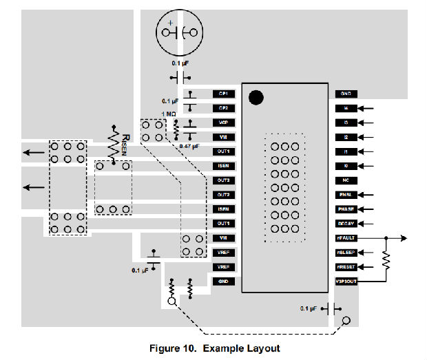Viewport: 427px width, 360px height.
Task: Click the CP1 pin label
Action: click(x=223, y=94)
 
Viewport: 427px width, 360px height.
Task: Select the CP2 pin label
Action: click(x=223, y=108)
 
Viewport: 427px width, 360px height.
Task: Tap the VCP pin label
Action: click(x=223, y=123)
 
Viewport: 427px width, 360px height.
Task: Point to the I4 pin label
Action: click(x=345, y=108)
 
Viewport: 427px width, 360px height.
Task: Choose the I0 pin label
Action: click(x=345, y=166)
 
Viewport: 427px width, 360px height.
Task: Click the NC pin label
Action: click(x=345, y=180)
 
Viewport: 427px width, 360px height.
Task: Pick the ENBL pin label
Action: click(x=345, y=195)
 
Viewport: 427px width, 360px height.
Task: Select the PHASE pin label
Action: click(x=345, y=209)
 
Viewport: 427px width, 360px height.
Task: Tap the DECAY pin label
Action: click(x=345, y=224)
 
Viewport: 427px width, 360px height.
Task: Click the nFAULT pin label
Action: click(x=345, y=238)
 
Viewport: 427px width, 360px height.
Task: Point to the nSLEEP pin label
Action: click(x=345, y=253)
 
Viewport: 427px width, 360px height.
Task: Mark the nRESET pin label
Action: click(x=345, y=266)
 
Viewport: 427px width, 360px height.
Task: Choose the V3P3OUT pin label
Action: click(x=345, y=281)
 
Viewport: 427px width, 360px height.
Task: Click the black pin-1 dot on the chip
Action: click(x=256, y=97)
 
